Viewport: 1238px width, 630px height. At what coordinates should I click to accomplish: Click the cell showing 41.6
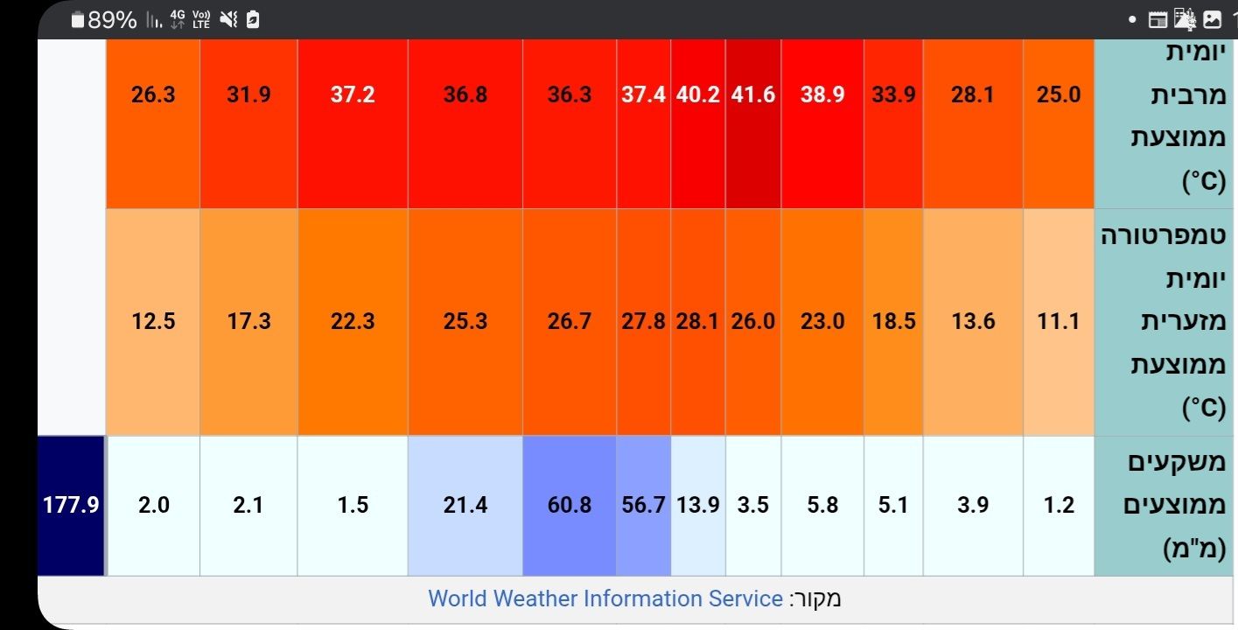pyautogui.click(x=753, y=94)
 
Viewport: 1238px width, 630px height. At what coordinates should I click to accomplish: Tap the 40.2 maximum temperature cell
pyautogui.click(x=698, y=94)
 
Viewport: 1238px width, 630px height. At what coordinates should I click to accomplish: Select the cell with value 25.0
pyautogui.click(x=1059, y=94)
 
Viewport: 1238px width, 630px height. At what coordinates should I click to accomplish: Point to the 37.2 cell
pyautogui.click(x=353, y=94)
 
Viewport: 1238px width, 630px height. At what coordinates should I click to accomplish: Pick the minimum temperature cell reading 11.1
pyautogui.click(x=1059, y=321)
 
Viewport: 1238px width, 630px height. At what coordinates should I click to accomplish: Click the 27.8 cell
pyautogui.click(x=644, y=321)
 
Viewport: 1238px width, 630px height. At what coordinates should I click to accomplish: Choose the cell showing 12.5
pyautogui.click(x=153, y=321)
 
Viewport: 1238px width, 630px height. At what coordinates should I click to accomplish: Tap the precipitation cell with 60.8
pyautogui.click(x=570, y=505)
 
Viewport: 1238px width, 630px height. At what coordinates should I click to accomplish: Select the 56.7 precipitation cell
pyautogui.click(x=644, y=505)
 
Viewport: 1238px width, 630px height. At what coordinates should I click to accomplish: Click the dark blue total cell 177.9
pyautogui.click(x=71, y=505)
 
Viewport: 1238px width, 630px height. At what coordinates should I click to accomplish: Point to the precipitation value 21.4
pyautogui.click(x=465, y=505)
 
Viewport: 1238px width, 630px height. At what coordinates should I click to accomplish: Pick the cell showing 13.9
pyautogui.click(x=698, y=505)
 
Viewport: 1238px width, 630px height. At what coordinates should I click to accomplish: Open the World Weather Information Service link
pyautogui.click(x=605, y=598)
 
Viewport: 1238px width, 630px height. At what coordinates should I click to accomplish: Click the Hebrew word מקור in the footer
pyautogui.click(x=815, y=598)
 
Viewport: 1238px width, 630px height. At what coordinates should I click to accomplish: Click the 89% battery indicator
pyautogui.click(x=105, y=19)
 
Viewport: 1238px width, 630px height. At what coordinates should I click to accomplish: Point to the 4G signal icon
pyautogui.click(x=178, y=18)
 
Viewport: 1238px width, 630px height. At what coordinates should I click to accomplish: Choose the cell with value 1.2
pyautogui.click(x=1059, y=505)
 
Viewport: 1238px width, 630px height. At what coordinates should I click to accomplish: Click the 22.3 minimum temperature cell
pyautogui.click(x=353, y=321)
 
